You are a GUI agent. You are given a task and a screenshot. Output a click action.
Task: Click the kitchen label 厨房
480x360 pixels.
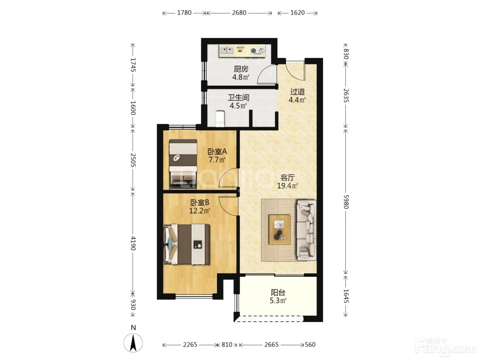(x=241, y=69)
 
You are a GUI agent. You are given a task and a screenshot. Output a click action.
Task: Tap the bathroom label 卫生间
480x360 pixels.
(x=238, y=97)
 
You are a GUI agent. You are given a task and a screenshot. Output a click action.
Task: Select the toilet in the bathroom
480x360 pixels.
(x=220, y=119)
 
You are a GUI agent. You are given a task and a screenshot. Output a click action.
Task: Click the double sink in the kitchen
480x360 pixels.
(x=226, y=50)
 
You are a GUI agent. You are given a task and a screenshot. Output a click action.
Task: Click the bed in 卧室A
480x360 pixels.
(x=183, y=164)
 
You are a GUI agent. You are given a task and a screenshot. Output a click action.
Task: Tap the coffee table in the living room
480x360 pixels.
(x=280, y=229)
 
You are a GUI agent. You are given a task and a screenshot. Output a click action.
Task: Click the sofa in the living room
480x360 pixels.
(x=306, y=230)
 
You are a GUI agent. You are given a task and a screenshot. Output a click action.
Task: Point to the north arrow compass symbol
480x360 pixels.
(x=133, y=343)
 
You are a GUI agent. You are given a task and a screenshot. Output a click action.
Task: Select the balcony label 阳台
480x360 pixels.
(x=278, y=292)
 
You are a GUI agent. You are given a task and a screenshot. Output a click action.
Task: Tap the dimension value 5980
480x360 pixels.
(x=346, y=202)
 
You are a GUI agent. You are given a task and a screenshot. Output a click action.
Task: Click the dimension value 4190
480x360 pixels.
(x=133, y=243)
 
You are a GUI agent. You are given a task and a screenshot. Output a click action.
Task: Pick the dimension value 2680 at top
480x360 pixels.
(x=239, y=13)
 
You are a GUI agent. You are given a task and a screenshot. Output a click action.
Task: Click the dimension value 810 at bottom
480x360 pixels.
(x=227, y=345)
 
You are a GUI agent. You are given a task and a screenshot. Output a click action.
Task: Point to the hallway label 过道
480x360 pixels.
(x=297, y=92)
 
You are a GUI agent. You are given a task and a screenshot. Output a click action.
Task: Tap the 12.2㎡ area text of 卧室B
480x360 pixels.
(x=200, y=211)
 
